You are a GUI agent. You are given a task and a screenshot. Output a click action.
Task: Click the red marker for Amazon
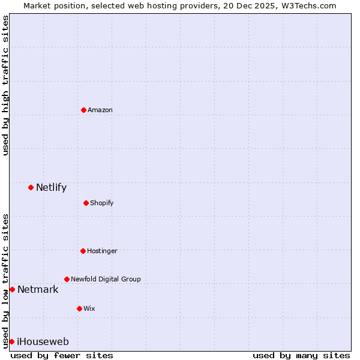click(83, 110)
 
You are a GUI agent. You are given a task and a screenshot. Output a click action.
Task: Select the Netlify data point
click(31, 187)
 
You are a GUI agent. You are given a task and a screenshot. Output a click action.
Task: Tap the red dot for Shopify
click(86, 203)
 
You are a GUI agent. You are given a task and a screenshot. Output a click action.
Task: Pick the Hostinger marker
click(83, 251)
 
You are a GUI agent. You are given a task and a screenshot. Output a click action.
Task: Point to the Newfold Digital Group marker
click(67, 279)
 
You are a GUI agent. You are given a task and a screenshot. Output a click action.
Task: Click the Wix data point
click(79, 308)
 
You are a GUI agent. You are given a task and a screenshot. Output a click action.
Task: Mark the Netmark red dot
click(12, 289)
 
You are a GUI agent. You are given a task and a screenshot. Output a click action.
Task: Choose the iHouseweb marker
click(11, 341)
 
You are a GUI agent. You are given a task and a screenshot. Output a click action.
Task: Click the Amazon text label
click(100, 110)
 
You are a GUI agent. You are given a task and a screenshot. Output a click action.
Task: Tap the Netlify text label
click(51, 187)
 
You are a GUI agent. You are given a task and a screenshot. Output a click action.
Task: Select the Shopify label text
click(102, 203)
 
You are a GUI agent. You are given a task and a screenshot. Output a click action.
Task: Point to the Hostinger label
click(102, 251)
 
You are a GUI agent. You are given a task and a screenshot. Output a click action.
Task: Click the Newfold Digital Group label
click(106, 279)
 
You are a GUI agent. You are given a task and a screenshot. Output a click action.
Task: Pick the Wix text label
click(89, 308)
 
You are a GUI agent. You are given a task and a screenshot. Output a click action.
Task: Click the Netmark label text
click(38, 289)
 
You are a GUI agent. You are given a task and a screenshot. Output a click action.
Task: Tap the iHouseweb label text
click(43, 341)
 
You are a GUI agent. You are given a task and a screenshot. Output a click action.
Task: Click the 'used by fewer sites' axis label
click(62, 355)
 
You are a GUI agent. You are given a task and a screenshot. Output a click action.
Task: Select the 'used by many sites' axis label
click(301, 355)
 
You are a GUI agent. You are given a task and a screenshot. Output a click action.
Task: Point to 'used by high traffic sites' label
click(5, 85)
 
